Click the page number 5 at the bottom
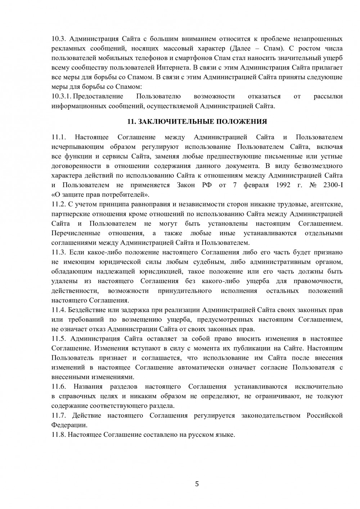click(x=197, y=483)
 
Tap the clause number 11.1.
click(x=60, y=137)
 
